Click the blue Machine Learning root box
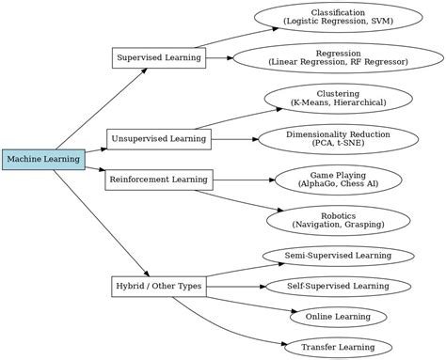point(43,160)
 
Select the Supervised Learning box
point(158,57)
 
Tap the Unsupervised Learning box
point(158,139)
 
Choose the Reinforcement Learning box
point(158,179)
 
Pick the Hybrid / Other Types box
point(158,285)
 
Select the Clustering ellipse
point(338,98)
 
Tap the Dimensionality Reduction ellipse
point(338,139)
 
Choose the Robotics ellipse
point(338,220)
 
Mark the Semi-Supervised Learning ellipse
point(338,255)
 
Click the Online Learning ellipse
point(338,317)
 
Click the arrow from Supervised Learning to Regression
point(218,57)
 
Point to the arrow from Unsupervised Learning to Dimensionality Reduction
point(233,139)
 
